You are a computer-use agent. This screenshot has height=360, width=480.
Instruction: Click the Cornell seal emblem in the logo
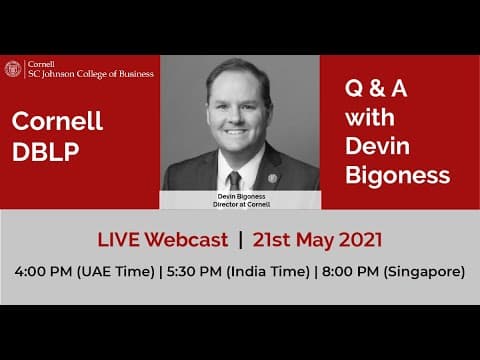[x=13, y=69]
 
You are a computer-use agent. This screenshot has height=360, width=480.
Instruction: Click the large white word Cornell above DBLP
[x=57, y=123]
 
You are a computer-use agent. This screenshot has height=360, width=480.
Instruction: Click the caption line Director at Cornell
[x=241, y=204]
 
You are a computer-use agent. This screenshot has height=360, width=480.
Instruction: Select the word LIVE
[x=119, y=240]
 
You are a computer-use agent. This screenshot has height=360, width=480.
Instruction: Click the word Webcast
[x=186, y=240]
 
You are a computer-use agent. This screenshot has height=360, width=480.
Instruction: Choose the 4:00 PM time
[x=44, y=271]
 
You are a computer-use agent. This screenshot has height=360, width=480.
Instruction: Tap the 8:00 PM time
[x=350, y=271]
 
